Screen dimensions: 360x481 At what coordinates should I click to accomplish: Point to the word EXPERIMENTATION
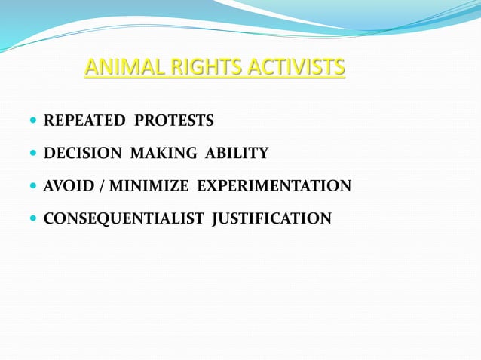click(274, 186)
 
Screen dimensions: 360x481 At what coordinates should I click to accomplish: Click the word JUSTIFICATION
click(271, 219)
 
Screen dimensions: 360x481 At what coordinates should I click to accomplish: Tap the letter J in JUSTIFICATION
click(216, 219)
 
